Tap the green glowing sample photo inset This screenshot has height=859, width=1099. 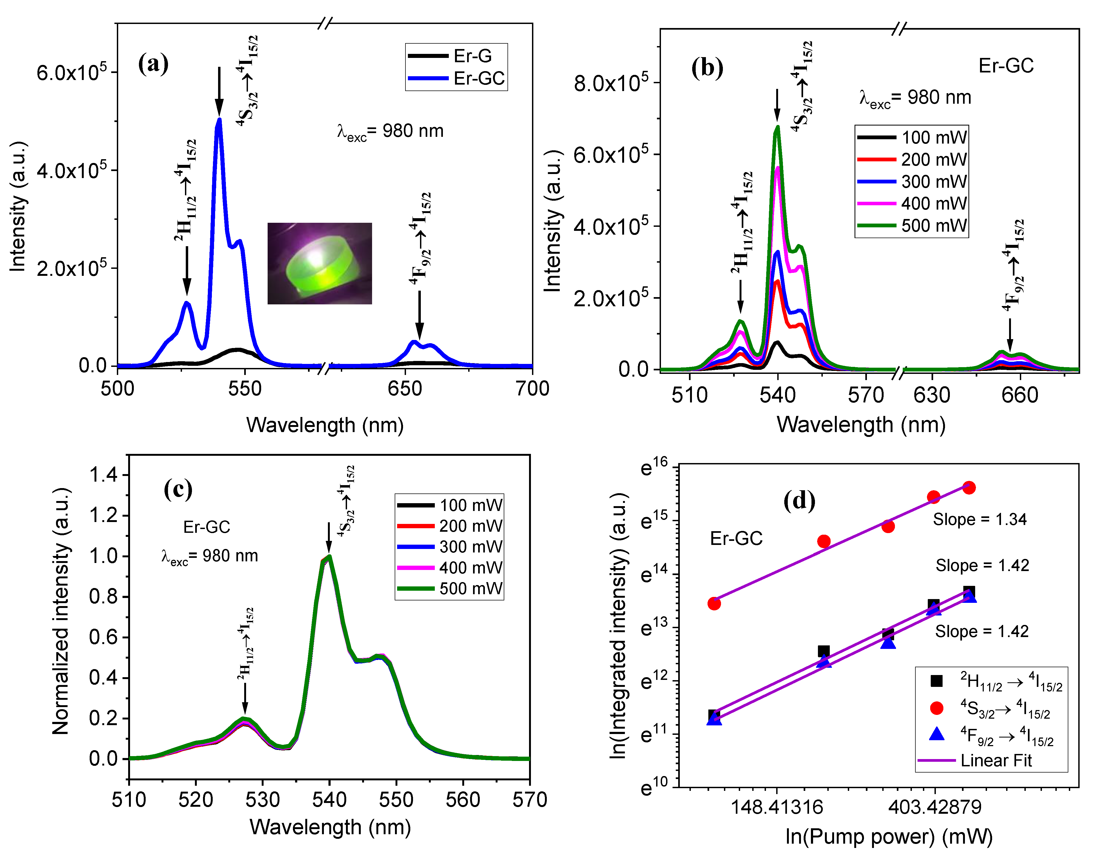(320, 263)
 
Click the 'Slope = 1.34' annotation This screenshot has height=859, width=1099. (979, 519)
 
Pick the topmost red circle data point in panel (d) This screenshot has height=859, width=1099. (969, 487)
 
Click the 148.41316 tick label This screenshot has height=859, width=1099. (776, 807)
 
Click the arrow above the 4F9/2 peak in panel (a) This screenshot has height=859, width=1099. (419, 315)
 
